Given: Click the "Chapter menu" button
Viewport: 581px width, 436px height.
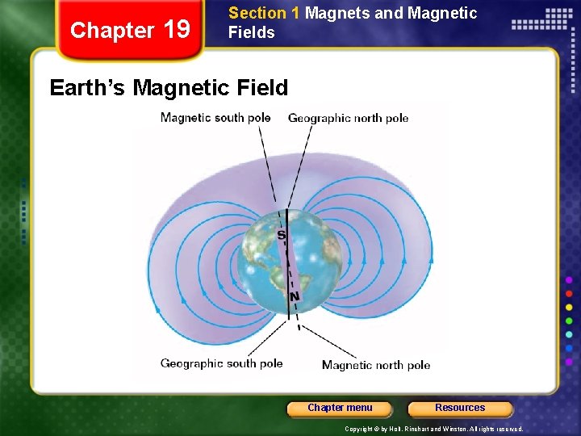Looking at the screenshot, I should click(340, 408).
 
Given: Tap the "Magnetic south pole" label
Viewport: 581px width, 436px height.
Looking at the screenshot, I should click(215, 118).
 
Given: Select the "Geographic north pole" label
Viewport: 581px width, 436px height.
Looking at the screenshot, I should click(348, 118).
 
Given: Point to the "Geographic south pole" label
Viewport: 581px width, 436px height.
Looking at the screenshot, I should click(221, 363).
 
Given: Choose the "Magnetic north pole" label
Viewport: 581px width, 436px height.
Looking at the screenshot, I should click(376, 365).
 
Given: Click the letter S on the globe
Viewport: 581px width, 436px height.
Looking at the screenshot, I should click(282, 235).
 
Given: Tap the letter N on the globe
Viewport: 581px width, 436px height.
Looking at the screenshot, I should click(295, 297).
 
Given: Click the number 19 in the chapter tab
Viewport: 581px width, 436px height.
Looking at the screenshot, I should click(177, 30).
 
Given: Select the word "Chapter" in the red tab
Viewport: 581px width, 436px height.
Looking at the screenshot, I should click(112, 31).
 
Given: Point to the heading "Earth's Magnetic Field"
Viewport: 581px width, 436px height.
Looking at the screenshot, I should click(169, 87).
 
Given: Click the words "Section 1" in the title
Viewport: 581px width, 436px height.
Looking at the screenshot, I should click(257, 13).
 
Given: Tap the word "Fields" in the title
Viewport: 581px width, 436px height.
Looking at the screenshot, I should click(252, 32).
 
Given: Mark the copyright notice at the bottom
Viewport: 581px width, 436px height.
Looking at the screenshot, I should click(434, 429).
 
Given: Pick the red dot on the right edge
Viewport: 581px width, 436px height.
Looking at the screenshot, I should click(570, 293).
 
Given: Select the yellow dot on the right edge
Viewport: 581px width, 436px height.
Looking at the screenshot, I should click(570, 307).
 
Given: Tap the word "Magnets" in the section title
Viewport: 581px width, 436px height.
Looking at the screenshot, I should click(336, 13).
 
